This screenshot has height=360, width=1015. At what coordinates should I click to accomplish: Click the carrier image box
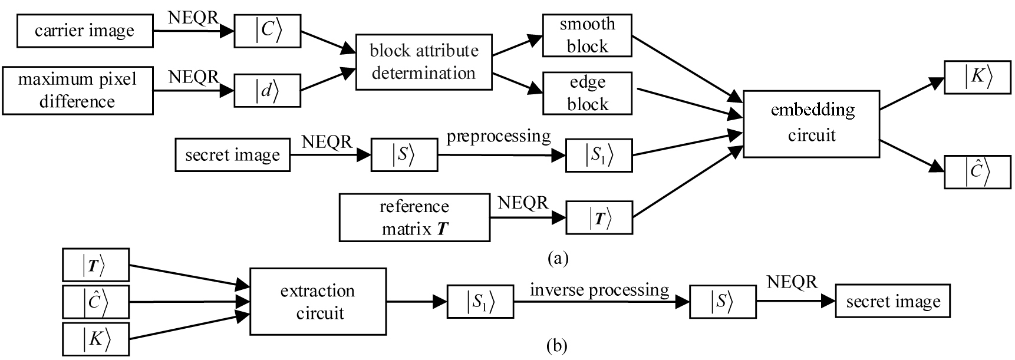(85, 31)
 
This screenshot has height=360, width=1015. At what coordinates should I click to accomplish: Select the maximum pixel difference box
(77, 90)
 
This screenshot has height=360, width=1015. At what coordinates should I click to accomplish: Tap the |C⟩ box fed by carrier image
(268, 31)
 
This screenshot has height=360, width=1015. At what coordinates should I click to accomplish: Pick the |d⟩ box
(267, 91)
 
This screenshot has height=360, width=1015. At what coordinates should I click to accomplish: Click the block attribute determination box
(424, 62)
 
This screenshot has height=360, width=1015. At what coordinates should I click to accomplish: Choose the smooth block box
(587, 35)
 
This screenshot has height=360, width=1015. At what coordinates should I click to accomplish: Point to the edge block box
(587, 93)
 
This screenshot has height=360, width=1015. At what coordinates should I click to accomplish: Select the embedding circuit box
(811, 123)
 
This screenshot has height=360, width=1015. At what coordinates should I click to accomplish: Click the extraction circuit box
(318, 302)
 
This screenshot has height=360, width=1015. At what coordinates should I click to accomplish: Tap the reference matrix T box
(414, 218)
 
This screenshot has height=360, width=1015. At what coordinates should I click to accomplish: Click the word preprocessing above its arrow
(499, 136)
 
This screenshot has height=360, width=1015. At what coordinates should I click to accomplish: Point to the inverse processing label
(599, 290)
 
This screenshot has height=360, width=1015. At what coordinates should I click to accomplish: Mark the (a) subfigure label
(558, 258)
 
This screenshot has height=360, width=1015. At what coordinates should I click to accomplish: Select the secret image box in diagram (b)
(892, 302)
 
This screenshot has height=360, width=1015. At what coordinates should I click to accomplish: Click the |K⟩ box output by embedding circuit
(977, 77)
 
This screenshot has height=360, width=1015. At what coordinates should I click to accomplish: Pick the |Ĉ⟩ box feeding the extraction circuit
(95, 302)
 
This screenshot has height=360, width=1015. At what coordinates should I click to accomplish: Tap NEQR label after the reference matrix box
(523, 203)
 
